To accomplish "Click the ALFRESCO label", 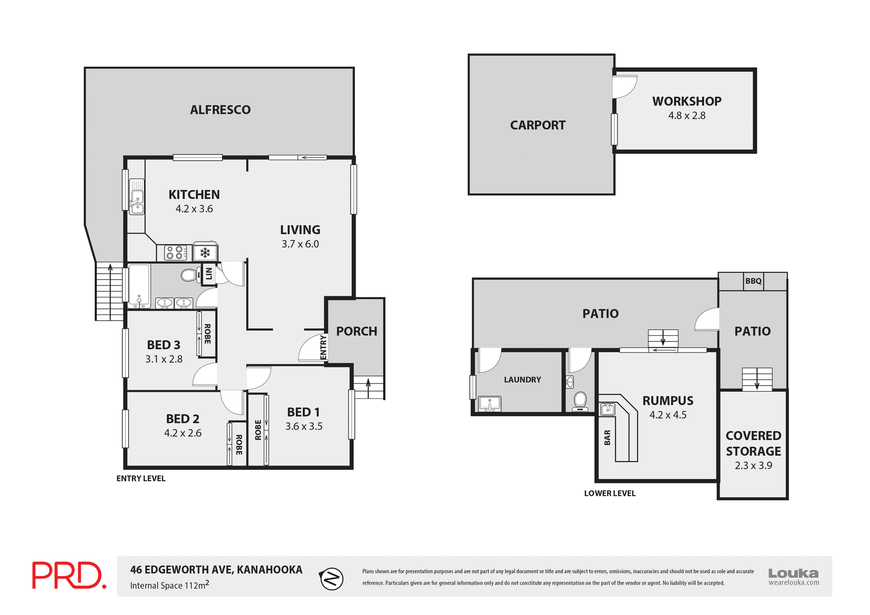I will tap(220, 110).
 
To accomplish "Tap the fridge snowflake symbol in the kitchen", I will tap(205, 252).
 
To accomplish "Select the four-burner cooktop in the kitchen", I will tap(175, 252).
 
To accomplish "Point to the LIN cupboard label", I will tap(208, 274).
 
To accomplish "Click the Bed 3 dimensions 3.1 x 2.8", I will tap(164, 359).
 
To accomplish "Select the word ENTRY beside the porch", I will tap(323, 348).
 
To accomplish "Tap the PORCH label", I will tap(357, 331).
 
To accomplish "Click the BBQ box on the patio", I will tap(753, 281).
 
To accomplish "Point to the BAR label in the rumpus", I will tap(607, 437).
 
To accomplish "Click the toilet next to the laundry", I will tap(580, 401).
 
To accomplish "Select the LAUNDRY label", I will tap(522, 380).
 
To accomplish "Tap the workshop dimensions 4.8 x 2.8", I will tap(686, 116).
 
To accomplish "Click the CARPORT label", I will tap(538, 125).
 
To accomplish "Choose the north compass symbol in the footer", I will tap(332, 579).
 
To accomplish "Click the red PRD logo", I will tap(69, 575).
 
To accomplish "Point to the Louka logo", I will tap(793, 576).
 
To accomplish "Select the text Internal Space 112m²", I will tap(169, 585).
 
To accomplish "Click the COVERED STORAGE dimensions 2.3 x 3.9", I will tap(753, 465).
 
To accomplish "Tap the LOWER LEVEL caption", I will tap(609, 493).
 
